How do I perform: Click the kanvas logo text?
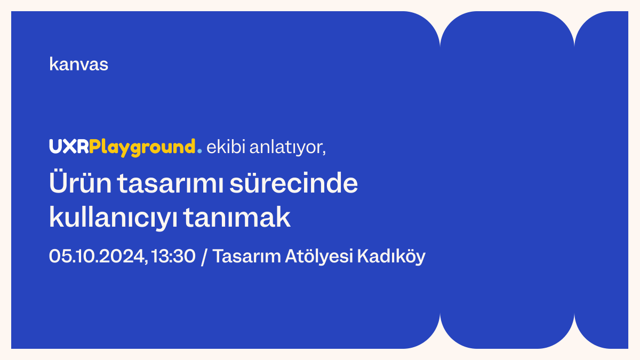click(x=78, y=65)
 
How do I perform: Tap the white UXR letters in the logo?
click(x=69, y=147)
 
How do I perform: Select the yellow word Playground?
click(x=142, y=148)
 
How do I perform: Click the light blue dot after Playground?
click(x=199, y=151)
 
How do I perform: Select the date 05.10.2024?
click(x=97, y=257)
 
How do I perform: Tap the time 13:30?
click(x=173, y=257)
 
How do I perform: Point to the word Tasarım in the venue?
click(x=246, y=257)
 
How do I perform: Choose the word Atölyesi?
click(x=318, y=257)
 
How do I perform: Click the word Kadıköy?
click(x=391, y=257)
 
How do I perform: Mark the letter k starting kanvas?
click(x=52, y=65)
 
